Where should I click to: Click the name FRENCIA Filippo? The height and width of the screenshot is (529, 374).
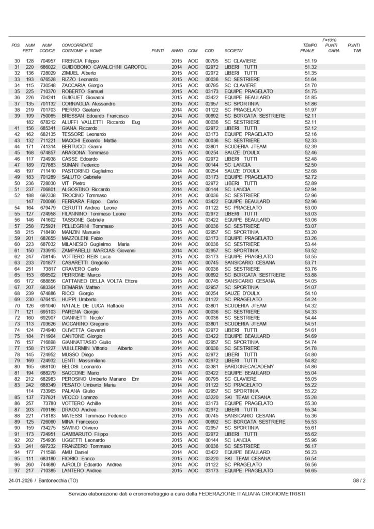point(80,61)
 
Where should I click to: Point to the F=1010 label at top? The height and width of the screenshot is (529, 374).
point(329,40)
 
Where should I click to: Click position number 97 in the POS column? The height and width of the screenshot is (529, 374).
point(17,470)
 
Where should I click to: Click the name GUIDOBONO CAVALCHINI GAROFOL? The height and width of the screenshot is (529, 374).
point(105,67)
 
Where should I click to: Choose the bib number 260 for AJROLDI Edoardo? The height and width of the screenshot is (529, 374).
point(30,464)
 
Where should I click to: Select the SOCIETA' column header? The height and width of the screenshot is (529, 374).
point(233,51)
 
